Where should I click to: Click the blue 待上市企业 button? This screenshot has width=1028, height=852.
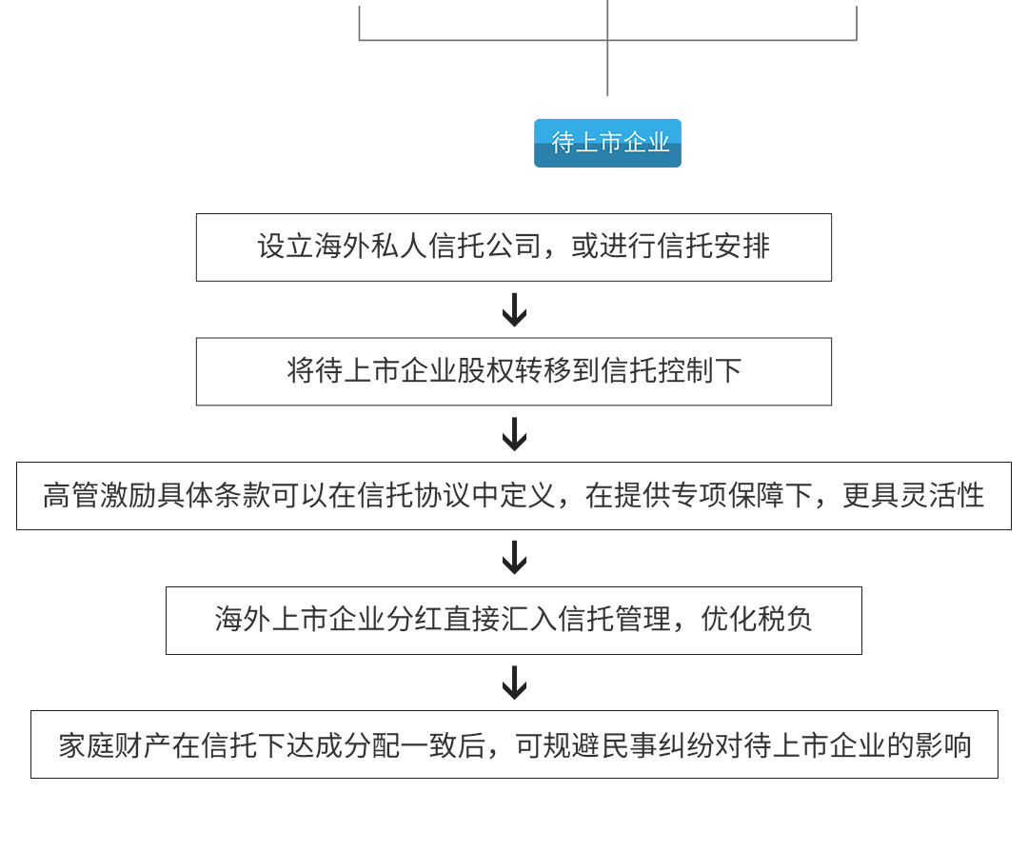click(607, 143)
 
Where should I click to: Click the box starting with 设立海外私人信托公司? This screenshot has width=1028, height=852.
click(513, 248)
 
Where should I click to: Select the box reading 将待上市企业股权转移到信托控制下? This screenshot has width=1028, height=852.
click(513, 371)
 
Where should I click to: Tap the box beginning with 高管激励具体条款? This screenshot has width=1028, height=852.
click(513, 496)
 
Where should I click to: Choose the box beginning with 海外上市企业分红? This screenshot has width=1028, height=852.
click(513, 621)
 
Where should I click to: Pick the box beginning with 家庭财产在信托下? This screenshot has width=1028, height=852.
click(513, 744)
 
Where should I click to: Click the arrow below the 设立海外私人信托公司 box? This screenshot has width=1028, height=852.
click(514, 309)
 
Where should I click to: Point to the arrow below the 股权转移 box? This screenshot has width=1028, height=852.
click(514, 433)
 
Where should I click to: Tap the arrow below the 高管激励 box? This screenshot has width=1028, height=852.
click(514, 558)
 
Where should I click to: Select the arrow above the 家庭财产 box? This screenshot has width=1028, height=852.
click(514, 683)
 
